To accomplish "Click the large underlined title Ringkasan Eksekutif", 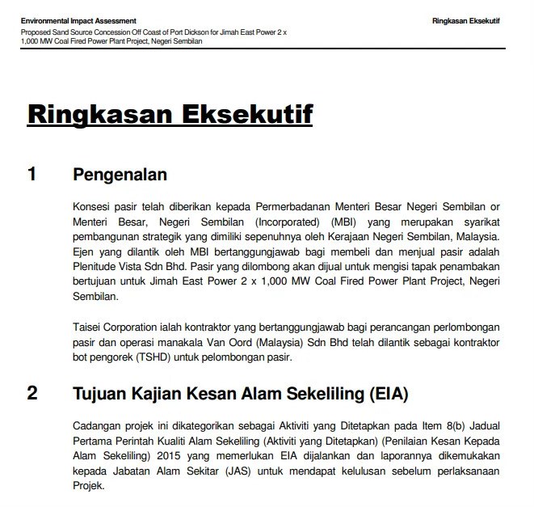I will point(170,114).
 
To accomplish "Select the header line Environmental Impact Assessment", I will point(78,20).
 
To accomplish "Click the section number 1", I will point(32,174).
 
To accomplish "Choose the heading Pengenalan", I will point(120,174).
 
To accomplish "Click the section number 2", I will point(32,394).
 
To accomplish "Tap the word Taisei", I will point(87,326).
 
